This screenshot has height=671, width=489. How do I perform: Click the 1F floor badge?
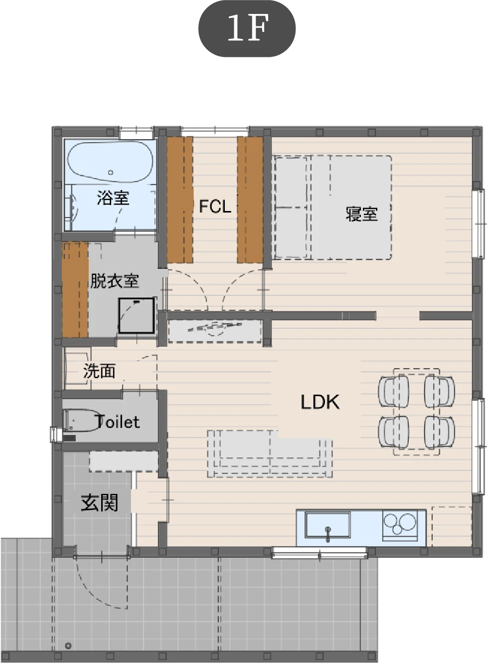[247, 28]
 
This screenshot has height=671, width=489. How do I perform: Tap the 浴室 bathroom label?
[113, 198]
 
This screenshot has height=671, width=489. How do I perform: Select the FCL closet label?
[215, 207]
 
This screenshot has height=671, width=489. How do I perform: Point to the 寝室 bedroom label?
[362, 214]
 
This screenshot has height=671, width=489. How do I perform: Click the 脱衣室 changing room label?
[115, 281]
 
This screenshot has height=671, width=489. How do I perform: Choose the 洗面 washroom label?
[99, 371]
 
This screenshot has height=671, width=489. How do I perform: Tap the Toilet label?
[118, 422]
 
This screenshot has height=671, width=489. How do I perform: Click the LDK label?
[320, 402]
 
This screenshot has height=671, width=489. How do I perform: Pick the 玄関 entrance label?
[100, 503]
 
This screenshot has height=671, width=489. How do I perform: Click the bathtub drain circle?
[111, 173]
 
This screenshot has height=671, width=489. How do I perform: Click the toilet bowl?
[81, 421]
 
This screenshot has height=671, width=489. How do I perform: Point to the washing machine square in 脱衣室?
[137, 315]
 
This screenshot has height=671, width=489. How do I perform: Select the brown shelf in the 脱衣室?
[75, 290]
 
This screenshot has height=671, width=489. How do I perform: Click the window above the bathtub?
[137, 132]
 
